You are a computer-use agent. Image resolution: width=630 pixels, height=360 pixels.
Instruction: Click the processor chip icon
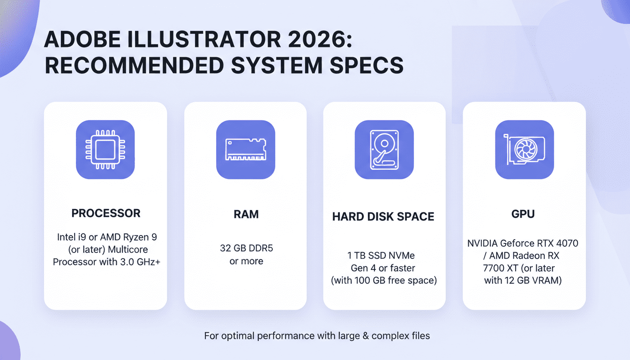(105, 150)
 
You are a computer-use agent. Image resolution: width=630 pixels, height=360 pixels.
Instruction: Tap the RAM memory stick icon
(245, 150)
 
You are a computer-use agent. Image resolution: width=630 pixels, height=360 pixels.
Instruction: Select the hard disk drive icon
(384, 150)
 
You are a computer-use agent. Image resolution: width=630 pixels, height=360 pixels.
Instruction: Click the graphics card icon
(524, 150)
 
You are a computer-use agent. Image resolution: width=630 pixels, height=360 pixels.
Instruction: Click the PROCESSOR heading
(105, 213)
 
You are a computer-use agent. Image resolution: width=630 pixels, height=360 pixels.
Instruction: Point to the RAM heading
(246, 214)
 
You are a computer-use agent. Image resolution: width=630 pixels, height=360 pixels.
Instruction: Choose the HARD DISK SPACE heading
(383, 217)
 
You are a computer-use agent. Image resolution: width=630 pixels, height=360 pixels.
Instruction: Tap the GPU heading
(523, 214)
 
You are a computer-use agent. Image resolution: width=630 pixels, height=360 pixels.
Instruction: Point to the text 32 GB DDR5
(246, 248)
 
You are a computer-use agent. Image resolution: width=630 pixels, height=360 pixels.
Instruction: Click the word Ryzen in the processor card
(134, 238)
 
